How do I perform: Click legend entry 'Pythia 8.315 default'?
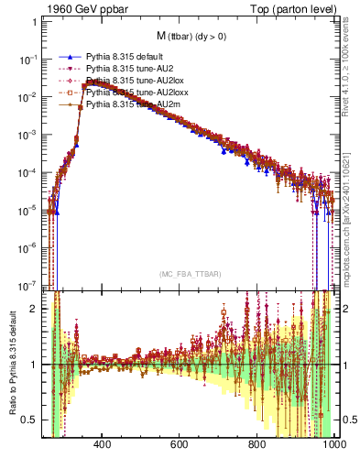pos(125,57)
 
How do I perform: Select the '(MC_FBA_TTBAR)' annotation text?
pos(186,274)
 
